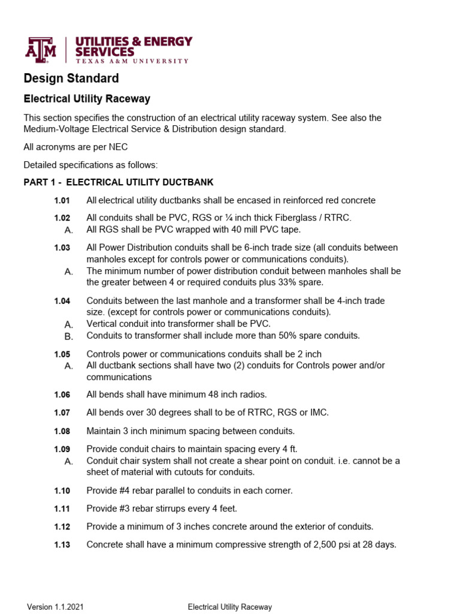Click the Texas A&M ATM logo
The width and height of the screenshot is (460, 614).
(40, 50)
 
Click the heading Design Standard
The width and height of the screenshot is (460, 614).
(71, 79)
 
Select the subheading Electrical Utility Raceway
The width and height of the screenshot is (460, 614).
(86, 99)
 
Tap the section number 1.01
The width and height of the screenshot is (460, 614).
(62, 200)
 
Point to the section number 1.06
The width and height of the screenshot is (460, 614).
(62, 395)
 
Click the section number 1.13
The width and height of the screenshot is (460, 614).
(62, 545)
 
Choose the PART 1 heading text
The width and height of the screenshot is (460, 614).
(118, 182)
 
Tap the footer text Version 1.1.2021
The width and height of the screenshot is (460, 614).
(55, 607)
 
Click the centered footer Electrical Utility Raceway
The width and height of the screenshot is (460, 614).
(229, 607)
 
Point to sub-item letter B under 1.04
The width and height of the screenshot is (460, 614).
(68, 336)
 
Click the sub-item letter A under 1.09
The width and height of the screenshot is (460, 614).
(68, 461)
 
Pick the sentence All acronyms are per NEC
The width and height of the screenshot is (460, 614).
(75, 147)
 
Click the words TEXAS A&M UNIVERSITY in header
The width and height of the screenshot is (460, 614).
(132, 61)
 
